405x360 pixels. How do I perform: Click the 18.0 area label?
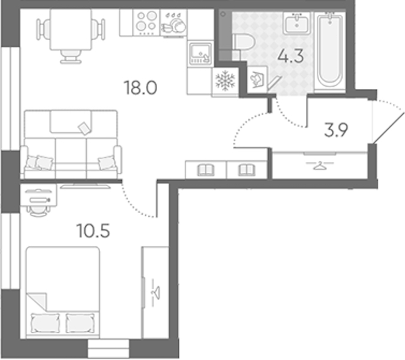[140, 88]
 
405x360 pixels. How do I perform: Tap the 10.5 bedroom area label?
[93, 230]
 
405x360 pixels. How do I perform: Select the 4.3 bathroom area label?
[290, 56]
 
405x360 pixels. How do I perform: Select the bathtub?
[330, 51]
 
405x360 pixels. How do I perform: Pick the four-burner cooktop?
[146, 22]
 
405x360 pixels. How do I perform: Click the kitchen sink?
[200, 54]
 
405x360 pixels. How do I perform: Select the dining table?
[71, 29]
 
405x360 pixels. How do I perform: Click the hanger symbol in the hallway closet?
[320, 166]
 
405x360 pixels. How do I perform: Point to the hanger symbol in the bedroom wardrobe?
[155, 293]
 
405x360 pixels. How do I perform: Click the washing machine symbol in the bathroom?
[257, 79]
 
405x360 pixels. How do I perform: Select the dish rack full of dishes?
[173, 23]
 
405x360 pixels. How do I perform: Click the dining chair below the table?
[71, 57]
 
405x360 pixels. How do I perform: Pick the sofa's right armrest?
[118, 160]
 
